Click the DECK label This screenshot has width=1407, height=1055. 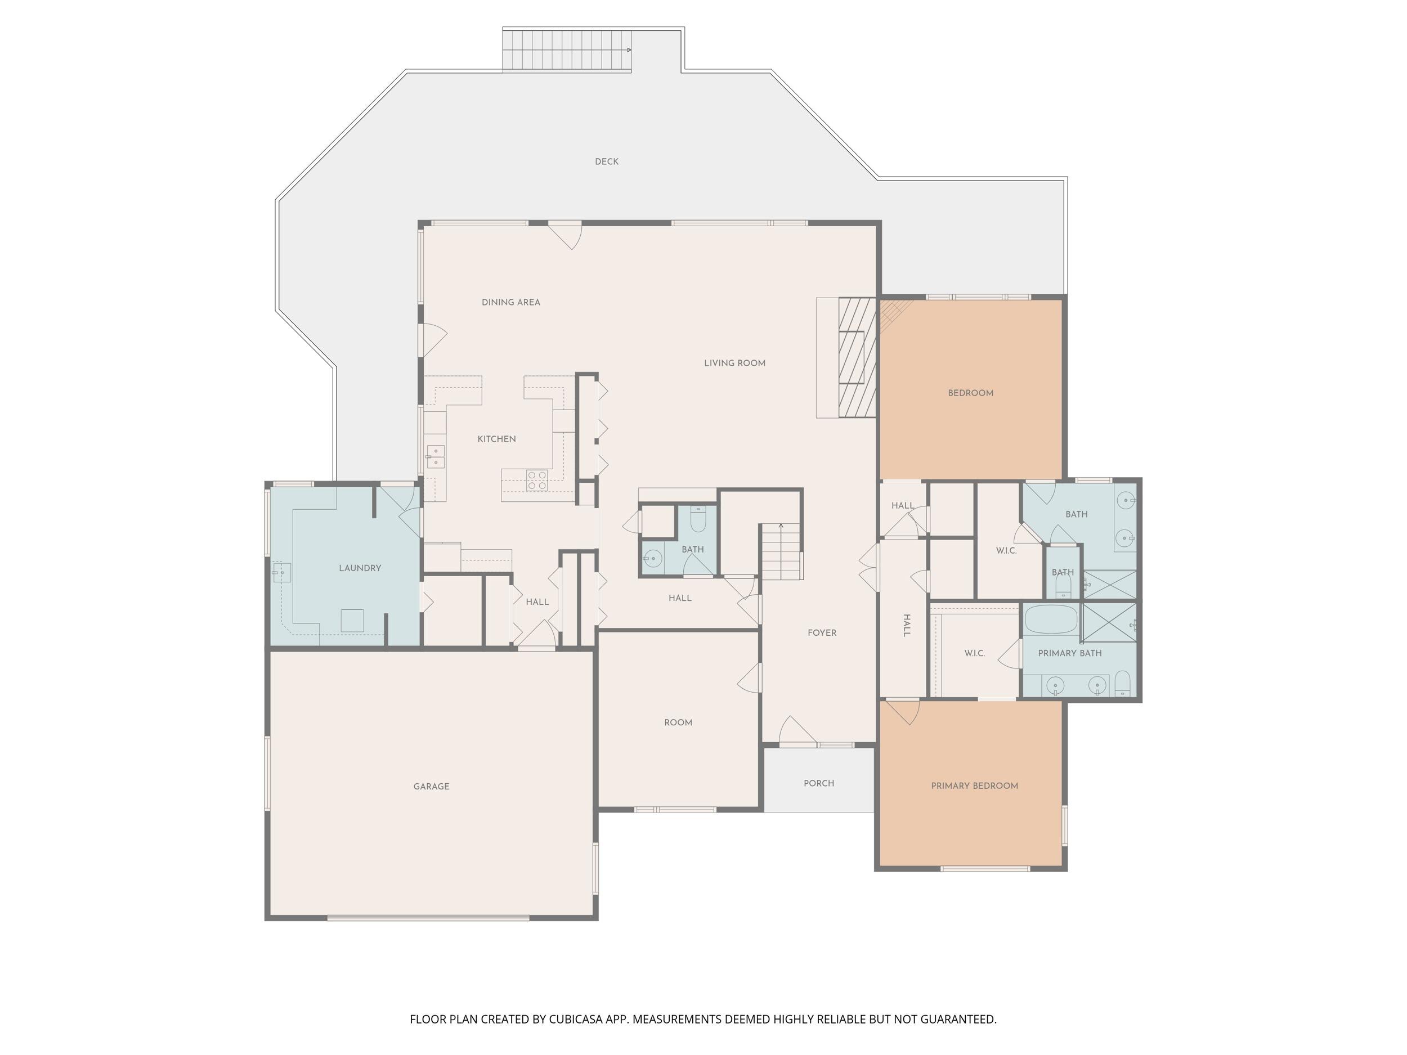pyautogui.click(x=606, y=161)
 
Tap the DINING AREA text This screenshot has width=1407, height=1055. pyautogui.click(x=511, y=302)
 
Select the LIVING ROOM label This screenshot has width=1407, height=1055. pyautogui.click(x=734, y=363)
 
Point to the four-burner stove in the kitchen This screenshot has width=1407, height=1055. pyautogui.click(x=537, y=480)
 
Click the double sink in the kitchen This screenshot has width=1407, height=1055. pyautogui.click(x=436, y=456)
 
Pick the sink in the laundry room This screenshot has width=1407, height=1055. pyautogui.click(x=282, y=573)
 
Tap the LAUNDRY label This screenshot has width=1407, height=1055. pyautogui.click(x=360, y=568)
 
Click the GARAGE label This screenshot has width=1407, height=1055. pyautogui.click(x=431, y=787)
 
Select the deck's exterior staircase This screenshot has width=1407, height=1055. pyautogui.click(x=567, y=50)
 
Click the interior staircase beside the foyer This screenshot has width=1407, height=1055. pyautogui.click(x=782, y=551)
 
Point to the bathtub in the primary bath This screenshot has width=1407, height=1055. pyautogui.click(x=1051, y=619)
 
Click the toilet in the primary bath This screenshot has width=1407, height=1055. pyautogui.click(x=1123, y=683)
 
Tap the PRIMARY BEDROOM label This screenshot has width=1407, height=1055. pyautogui.click(x=974, y=786)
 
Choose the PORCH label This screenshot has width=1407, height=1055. pyautogui.click(x=819, y=783)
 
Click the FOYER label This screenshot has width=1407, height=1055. pyautogui.click(x=822, y=633)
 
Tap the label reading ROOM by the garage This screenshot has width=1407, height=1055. pyautogui.click(x=678, y=722)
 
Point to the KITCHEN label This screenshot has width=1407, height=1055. pyautogui.click(x=497, y=439)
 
